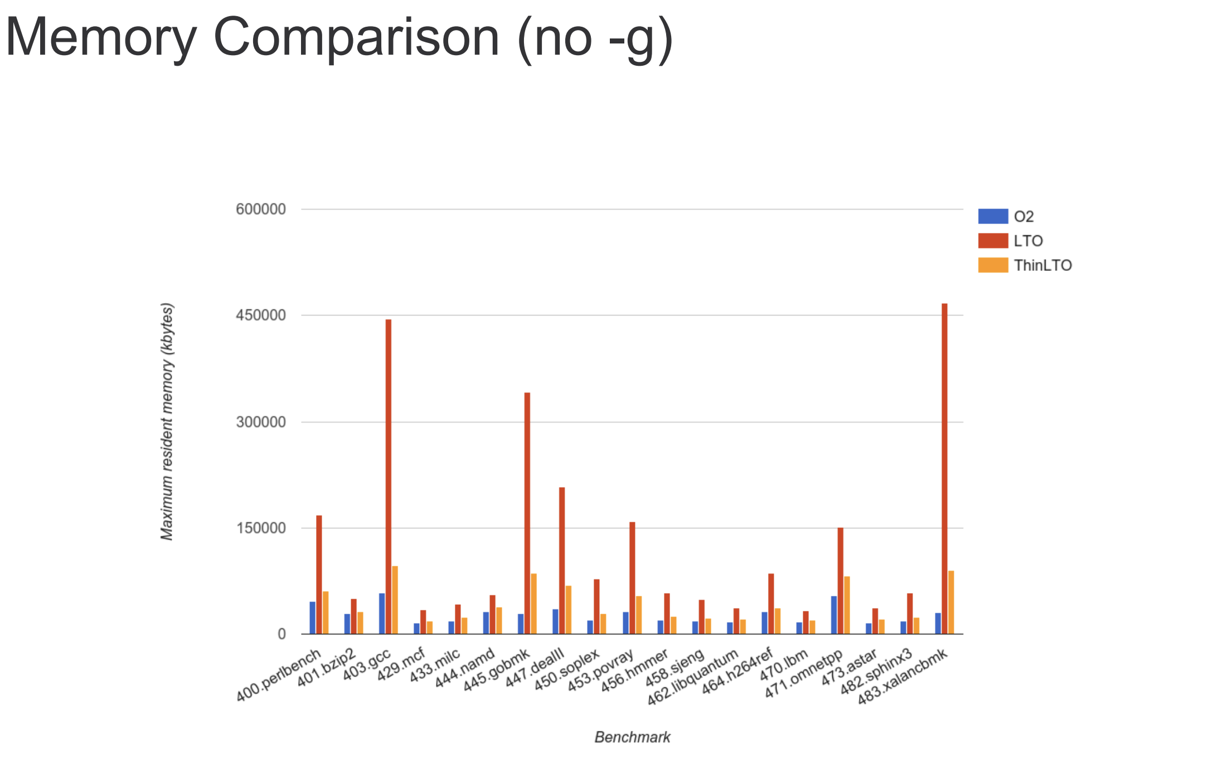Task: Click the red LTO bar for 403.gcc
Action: click(x=388, y=477)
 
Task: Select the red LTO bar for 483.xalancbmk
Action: click(x=944, y=468)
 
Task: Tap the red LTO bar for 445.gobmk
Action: click(x=527, y=513)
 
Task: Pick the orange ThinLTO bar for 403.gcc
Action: click(x=395, y=600)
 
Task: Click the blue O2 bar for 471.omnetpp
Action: click(x=834, y=615)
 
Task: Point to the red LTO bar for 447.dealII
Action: click(x=562, y=560)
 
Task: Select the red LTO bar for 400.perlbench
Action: click(x=319, y=574)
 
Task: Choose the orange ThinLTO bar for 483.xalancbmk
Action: click(x=951, y=602)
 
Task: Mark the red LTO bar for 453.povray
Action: click(x=632, y=577)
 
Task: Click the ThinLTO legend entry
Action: click(x=1042, y=265)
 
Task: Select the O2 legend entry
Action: click(x=1023, y=216)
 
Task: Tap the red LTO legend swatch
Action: click(x=993, y=241)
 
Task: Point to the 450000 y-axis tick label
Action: click(x=260, y=315)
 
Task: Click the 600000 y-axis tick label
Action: click(x=260, y=210)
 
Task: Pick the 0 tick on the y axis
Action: click(x=282, y=634)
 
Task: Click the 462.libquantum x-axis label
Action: click(x=693, y=677)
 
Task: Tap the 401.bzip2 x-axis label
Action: click(x=327, y=668)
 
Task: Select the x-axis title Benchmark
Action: click(x=632, y=737)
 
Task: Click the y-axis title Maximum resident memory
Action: click(x=167, y=421)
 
